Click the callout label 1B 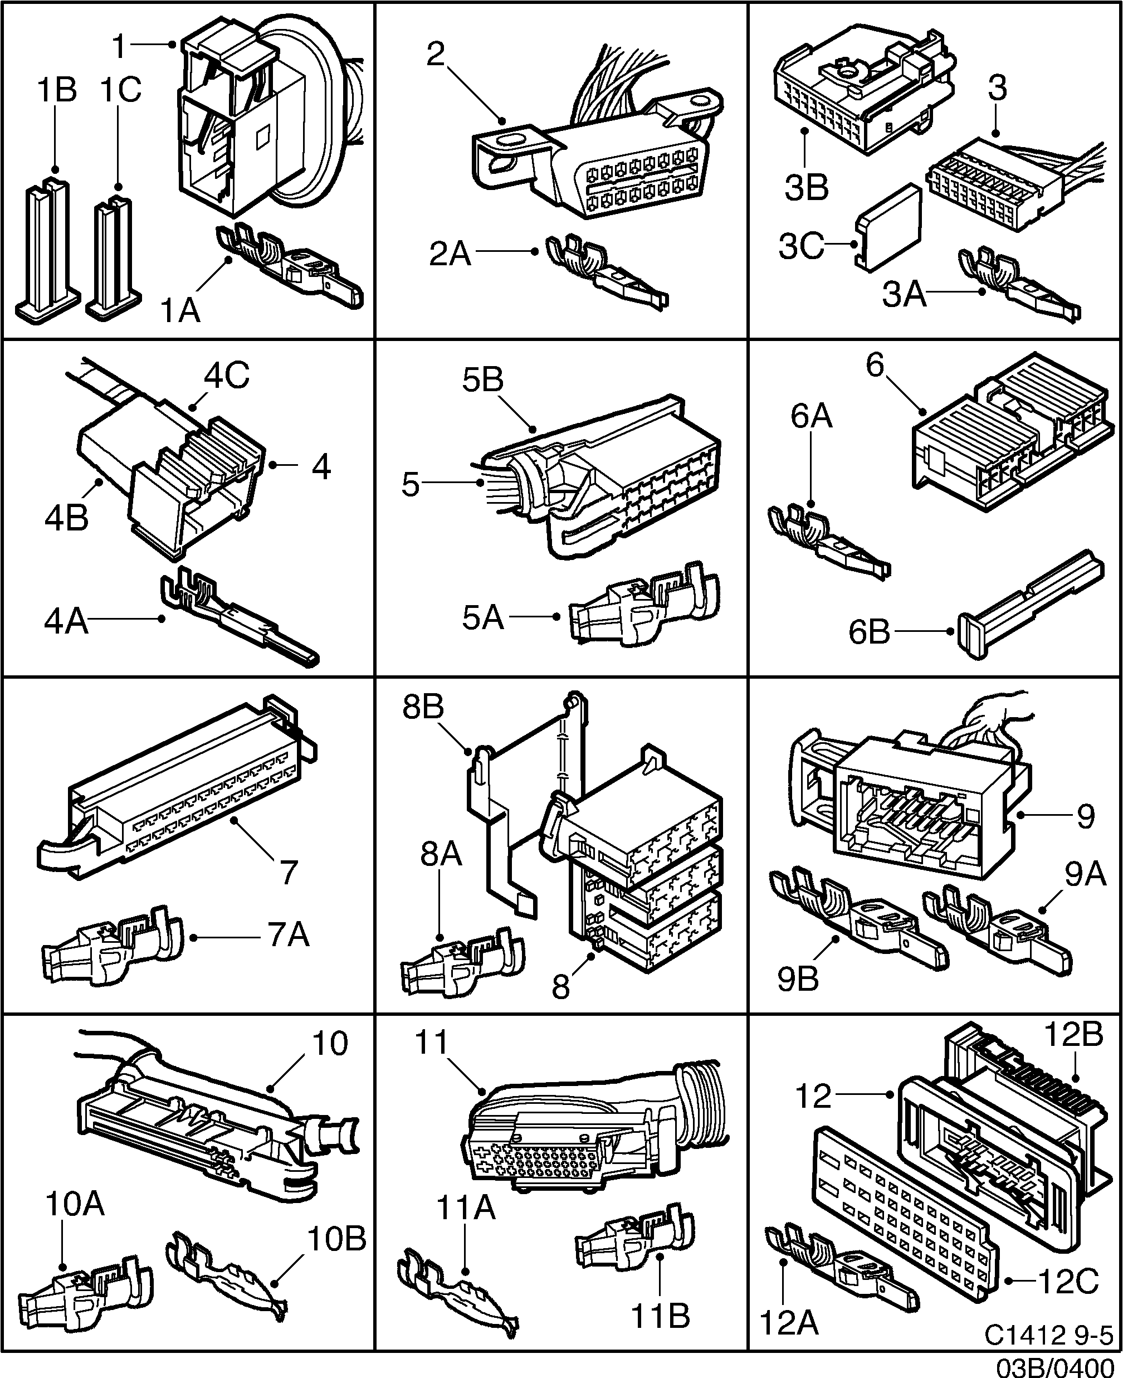point(57,90)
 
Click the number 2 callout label point(436,55)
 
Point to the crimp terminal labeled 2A point(605,272)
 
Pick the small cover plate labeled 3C point(890,226)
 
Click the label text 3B point(806,188)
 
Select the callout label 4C point(226,376)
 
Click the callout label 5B point(482,381)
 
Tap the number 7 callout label point(288,872)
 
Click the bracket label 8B point(423,707)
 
